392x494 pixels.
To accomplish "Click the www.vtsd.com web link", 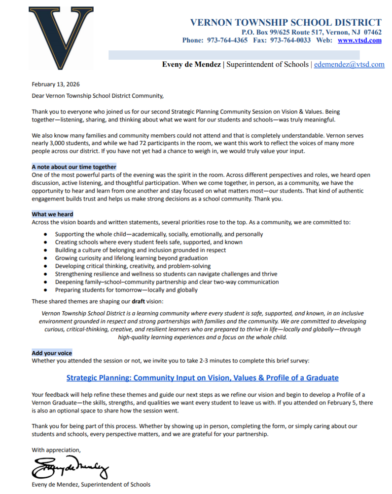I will point(359,41).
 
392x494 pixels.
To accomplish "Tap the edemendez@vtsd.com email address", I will point(349,65).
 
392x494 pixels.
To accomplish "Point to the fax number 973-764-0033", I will point(290,41).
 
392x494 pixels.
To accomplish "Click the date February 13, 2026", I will point(56,84).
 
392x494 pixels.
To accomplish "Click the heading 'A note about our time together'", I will point(74,167).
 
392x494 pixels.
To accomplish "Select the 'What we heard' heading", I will point(52,214).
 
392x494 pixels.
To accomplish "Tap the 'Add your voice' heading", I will point(52,353).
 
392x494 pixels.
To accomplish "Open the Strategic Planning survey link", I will point(202,378).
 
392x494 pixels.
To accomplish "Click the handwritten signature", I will point(70,467).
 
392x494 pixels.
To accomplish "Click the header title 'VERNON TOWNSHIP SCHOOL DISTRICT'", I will point(285,22).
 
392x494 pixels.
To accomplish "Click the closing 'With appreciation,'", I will point(56,450).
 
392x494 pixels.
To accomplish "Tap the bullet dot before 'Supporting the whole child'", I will point(46,235).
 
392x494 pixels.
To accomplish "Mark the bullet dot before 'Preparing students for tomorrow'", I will point(46,290).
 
